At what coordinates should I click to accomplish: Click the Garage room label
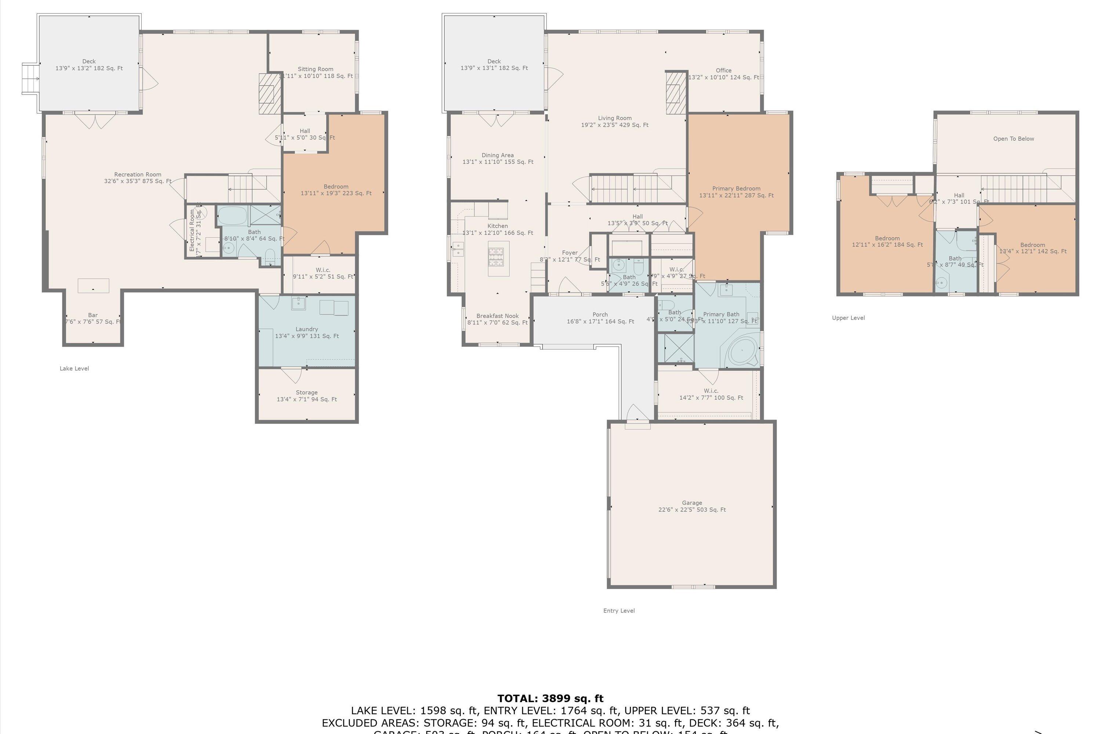(x=692, y=506)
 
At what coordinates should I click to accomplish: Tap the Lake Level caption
(x=74, y=368)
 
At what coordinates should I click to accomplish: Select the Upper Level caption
(x=848, y=318)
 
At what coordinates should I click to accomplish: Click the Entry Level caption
(x=619, y=610)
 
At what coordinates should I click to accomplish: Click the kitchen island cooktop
(x=496, y=257)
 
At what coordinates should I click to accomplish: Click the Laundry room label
(x=306, y=333)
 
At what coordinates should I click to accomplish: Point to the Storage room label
(x=306, y=396)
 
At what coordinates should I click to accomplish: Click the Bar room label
(x=93, y=318)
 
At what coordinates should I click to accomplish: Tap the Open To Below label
(x=1013, y=139)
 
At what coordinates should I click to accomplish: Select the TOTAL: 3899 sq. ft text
(x=550, y=698)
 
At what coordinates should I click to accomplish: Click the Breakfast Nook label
(x=497, y=319)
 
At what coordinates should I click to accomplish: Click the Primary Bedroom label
(x=736, y=192)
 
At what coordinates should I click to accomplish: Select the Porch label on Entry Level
(x=600, y=318)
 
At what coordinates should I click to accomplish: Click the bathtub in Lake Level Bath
(x=232, y=215)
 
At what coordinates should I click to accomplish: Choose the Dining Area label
(x=498, y=158)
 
